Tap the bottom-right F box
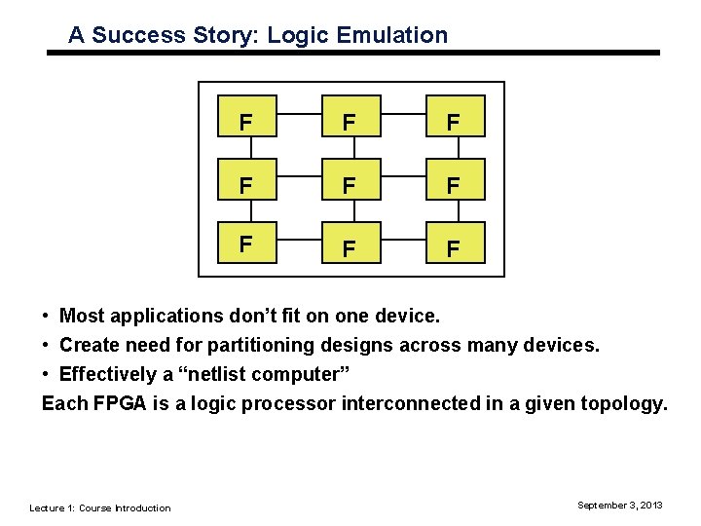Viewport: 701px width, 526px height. click(453, 247)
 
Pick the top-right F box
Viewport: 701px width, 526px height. click(453, 123)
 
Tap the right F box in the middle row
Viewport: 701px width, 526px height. click(453, 185)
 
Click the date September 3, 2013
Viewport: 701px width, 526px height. click(619, 505)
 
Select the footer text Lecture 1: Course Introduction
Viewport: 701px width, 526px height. click(99, 507)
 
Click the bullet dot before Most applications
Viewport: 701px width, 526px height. click(47, 316)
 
